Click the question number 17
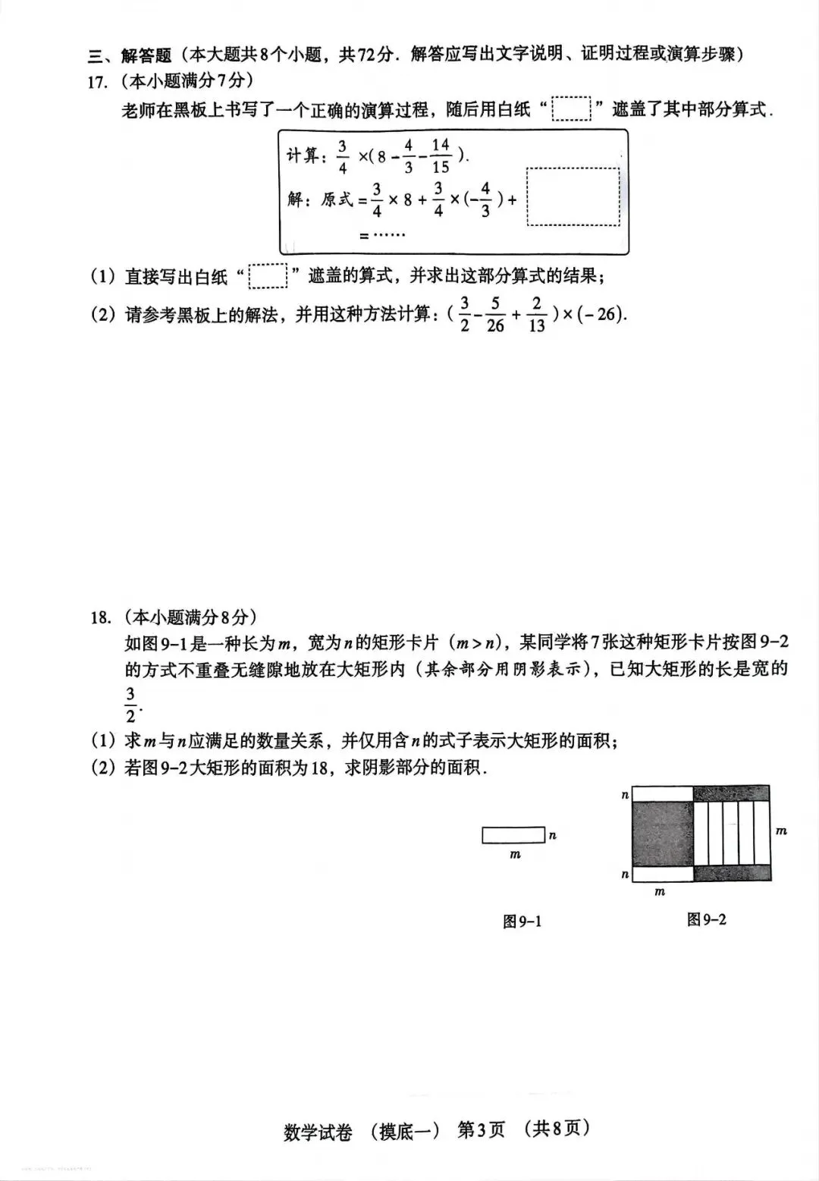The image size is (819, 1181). pos(99,83)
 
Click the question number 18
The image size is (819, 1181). pos(100,617)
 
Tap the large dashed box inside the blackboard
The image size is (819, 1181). pos(573,196)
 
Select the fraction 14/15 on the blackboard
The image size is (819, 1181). pos(441,156)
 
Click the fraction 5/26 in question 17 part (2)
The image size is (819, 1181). pos(495,315)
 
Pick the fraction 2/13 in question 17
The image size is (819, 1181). pos(536,315)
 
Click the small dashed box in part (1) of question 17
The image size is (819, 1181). pos(268,276)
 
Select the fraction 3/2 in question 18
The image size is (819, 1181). pos(130,705)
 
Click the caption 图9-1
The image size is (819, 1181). pos(522,922)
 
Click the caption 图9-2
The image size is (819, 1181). pos(706,919)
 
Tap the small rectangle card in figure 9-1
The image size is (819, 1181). pos(513,835)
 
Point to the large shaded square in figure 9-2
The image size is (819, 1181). pos(662,834)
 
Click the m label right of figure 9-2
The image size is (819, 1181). pos(782,831)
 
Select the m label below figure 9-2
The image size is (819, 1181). pos(660,892)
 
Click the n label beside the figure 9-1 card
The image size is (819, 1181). pos(553,835)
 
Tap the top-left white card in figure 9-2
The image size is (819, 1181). pos(662,793)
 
